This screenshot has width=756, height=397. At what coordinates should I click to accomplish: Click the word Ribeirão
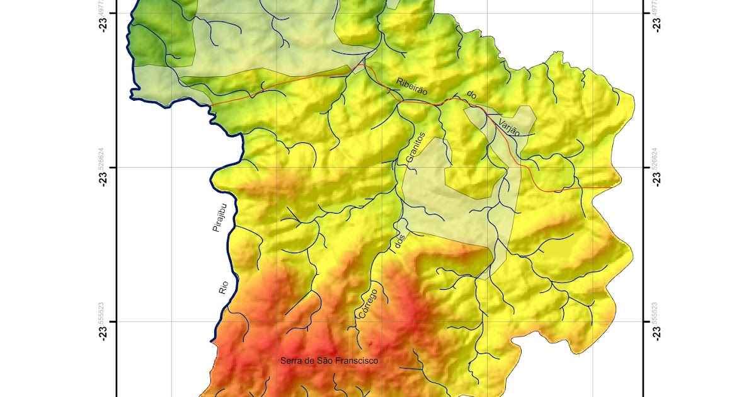(412, 87)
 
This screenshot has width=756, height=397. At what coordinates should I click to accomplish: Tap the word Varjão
(508, 127)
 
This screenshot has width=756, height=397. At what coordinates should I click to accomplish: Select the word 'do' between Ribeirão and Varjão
(471, 95)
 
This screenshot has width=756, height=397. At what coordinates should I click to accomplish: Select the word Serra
(292, 361)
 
